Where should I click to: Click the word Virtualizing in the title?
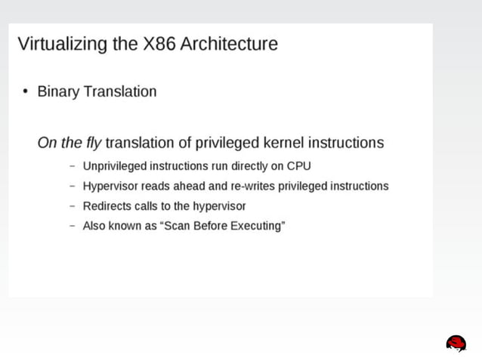click(62, 44)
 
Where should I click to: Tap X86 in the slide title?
click(159, 44)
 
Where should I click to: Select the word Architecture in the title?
click(230, 44)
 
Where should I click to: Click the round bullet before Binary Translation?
click(25, 92)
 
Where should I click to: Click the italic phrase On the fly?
click(69, 143)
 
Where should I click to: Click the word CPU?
click(298, 166)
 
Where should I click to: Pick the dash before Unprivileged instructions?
click(73, 166)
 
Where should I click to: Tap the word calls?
click(146, 206)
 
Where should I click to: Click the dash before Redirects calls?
click(73, 206)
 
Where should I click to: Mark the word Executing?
click(255, 227)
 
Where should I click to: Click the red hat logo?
click(456, 344)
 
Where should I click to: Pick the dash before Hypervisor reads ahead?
click(73, 186)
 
